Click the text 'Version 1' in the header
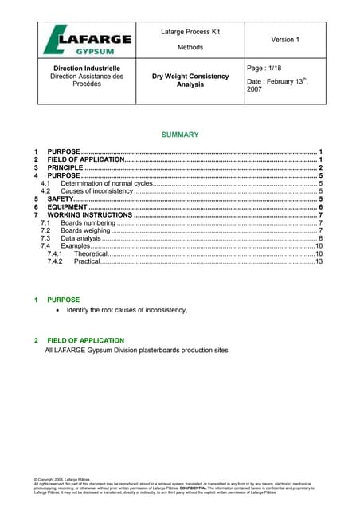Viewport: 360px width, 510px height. (x=284, y=39)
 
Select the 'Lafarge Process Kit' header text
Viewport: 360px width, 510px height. (x=190, y=31)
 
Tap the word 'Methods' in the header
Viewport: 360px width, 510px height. (x=190, y=47)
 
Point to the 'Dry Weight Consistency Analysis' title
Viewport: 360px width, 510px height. (x=190, y=80)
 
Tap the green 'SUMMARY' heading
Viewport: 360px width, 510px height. (x=180, y=135)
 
